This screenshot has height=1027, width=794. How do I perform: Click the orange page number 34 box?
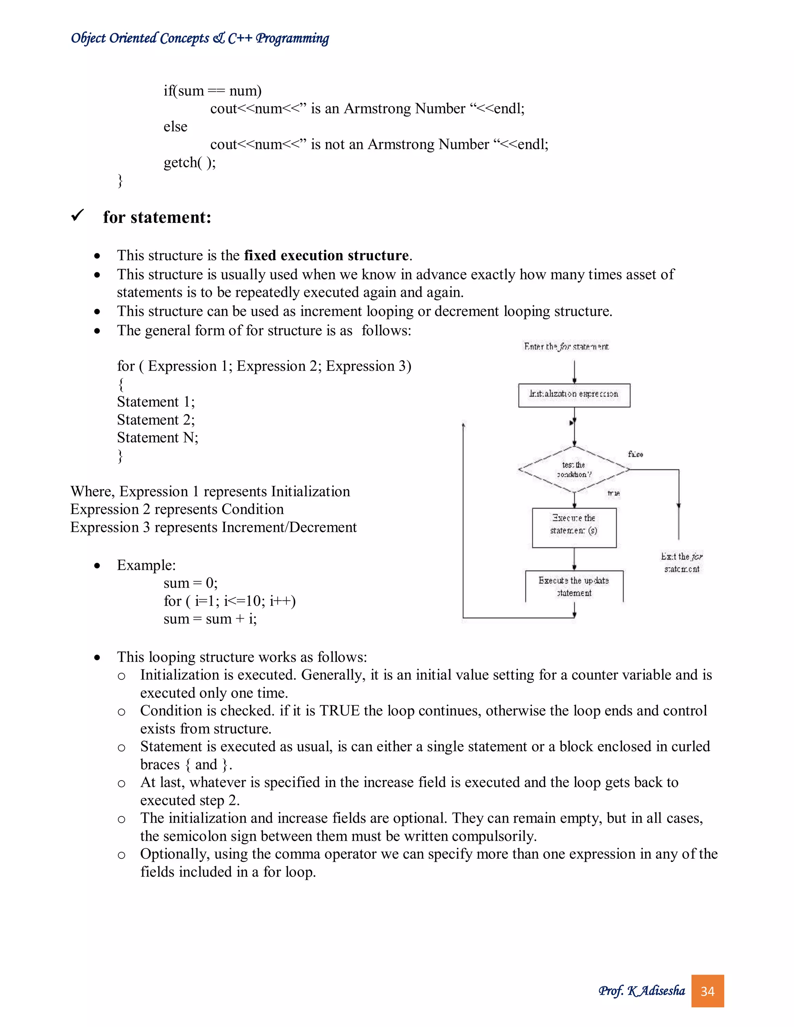coord(707,991)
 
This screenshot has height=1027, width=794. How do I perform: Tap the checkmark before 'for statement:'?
coord(78,216)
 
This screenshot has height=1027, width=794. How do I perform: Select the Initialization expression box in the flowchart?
coord(574,395)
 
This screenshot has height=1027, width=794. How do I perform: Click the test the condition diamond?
coord(574,469)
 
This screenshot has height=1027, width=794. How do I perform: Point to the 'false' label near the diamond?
coord(635,454)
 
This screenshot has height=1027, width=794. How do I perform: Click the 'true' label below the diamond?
coord(613,493)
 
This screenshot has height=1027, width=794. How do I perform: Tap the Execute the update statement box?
coord(574,586)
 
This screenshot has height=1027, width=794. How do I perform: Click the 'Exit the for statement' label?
coord(681,562)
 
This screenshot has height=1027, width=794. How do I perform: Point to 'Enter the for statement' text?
coord(566,346)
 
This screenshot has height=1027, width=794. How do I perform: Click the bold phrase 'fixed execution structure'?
coord(326,255)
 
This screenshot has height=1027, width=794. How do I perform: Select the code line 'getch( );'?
coord(190,163)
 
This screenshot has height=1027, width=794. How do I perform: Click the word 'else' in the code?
coord(176,126)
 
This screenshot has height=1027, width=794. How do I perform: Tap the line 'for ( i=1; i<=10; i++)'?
coord(230,601)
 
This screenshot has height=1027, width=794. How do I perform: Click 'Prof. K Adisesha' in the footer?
coord(642,991)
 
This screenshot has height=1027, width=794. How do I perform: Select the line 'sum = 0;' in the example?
coord(190,583)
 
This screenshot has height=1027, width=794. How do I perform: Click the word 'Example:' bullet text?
coord(146,565)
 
